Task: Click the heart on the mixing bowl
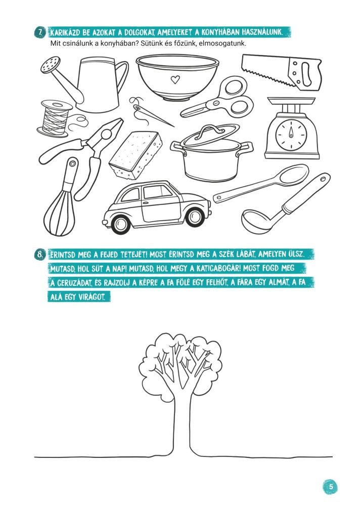pos(175,79)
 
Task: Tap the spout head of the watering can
pos(51,65)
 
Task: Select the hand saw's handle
pos(304,73)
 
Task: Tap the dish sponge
pos(136,155)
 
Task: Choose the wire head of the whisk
pos(59,213)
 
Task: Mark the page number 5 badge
pos(330,487)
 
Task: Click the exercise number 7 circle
pos(40,32)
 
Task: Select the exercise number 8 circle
pos(39,255)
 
